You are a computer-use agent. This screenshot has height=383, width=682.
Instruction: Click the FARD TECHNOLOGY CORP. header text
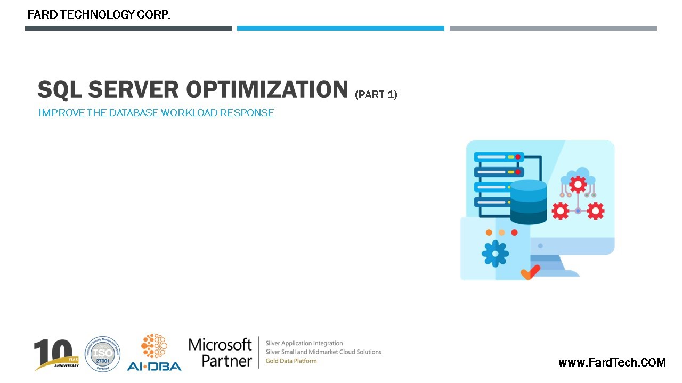99,15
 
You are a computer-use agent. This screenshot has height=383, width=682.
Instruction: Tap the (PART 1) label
376,95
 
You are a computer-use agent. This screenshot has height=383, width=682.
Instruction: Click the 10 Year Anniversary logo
56,354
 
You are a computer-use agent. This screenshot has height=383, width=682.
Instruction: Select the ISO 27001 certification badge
102,354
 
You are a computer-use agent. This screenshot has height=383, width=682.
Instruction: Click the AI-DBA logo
154,353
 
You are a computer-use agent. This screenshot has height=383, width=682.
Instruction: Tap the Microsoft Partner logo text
220,352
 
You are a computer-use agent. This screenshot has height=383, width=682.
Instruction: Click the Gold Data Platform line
291,361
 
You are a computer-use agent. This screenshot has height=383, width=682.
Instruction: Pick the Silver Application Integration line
304,343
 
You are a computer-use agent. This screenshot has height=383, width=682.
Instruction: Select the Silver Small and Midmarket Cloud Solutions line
323,352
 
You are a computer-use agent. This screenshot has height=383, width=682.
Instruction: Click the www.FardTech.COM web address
612,363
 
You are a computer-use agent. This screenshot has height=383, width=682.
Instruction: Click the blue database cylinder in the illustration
529,202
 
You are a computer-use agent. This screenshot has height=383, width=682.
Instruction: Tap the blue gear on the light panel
495,254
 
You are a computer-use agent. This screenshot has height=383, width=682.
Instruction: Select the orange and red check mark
530,272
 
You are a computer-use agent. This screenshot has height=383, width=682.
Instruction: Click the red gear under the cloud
578,184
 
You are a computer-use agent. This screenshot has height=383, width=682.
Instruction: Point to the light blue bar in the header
340,28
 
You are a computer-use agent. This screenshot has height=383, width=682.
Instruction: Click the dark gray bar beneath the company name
128,28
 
